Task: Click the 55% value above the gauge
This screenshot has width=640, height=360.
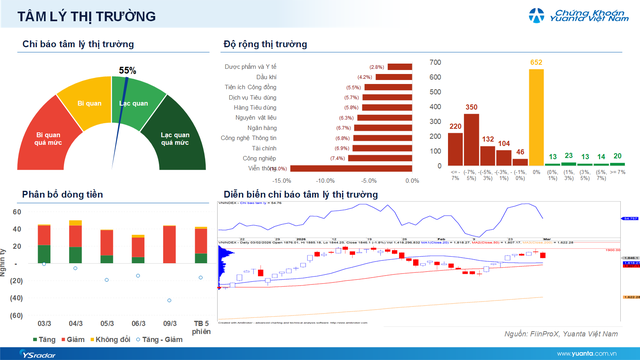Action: (x=128, y=71)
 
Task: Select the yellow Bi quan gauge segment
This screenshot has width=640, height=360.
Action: (x=90, y=103)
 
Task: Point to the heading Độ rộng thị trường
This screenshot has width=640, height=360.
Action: (x=265, y=44)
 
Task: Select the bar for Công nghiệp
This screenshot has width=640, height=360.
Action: (x=380, y=158)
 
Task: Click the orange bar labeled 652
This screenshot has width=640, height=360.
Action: (x=536, y=117)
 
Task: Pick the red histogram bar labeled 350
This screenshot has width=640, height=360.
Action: (x=471, y=139)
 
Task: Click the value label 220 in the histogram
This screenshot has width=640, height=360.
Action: (x=454, y=127)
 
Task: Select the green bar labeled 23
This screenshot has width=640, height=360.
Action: (x=569, y=163)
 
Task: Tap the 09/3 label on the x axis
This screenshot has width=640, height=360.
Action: (x=169, y=324)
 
